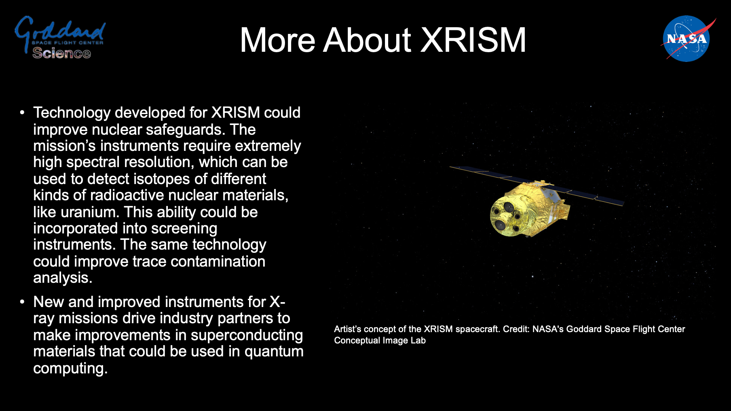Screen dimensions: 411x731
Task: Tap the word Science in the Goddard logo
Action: [61, 53]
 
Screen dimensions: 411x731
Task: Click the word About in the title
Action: [367, 40]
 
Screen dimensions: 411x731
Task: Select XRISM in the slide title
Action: [473, 40]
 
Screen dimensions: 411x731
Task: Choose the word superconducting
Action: [247, 335]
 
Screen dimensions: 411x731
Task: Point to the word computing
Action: [70, 369]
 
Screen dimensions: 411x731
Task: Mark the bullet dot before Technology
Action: [23, 113]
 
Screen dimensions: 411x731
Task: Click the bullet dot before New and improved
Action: [23, 302]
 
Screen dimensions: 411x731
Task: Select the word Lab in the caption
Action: [418, 341]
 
